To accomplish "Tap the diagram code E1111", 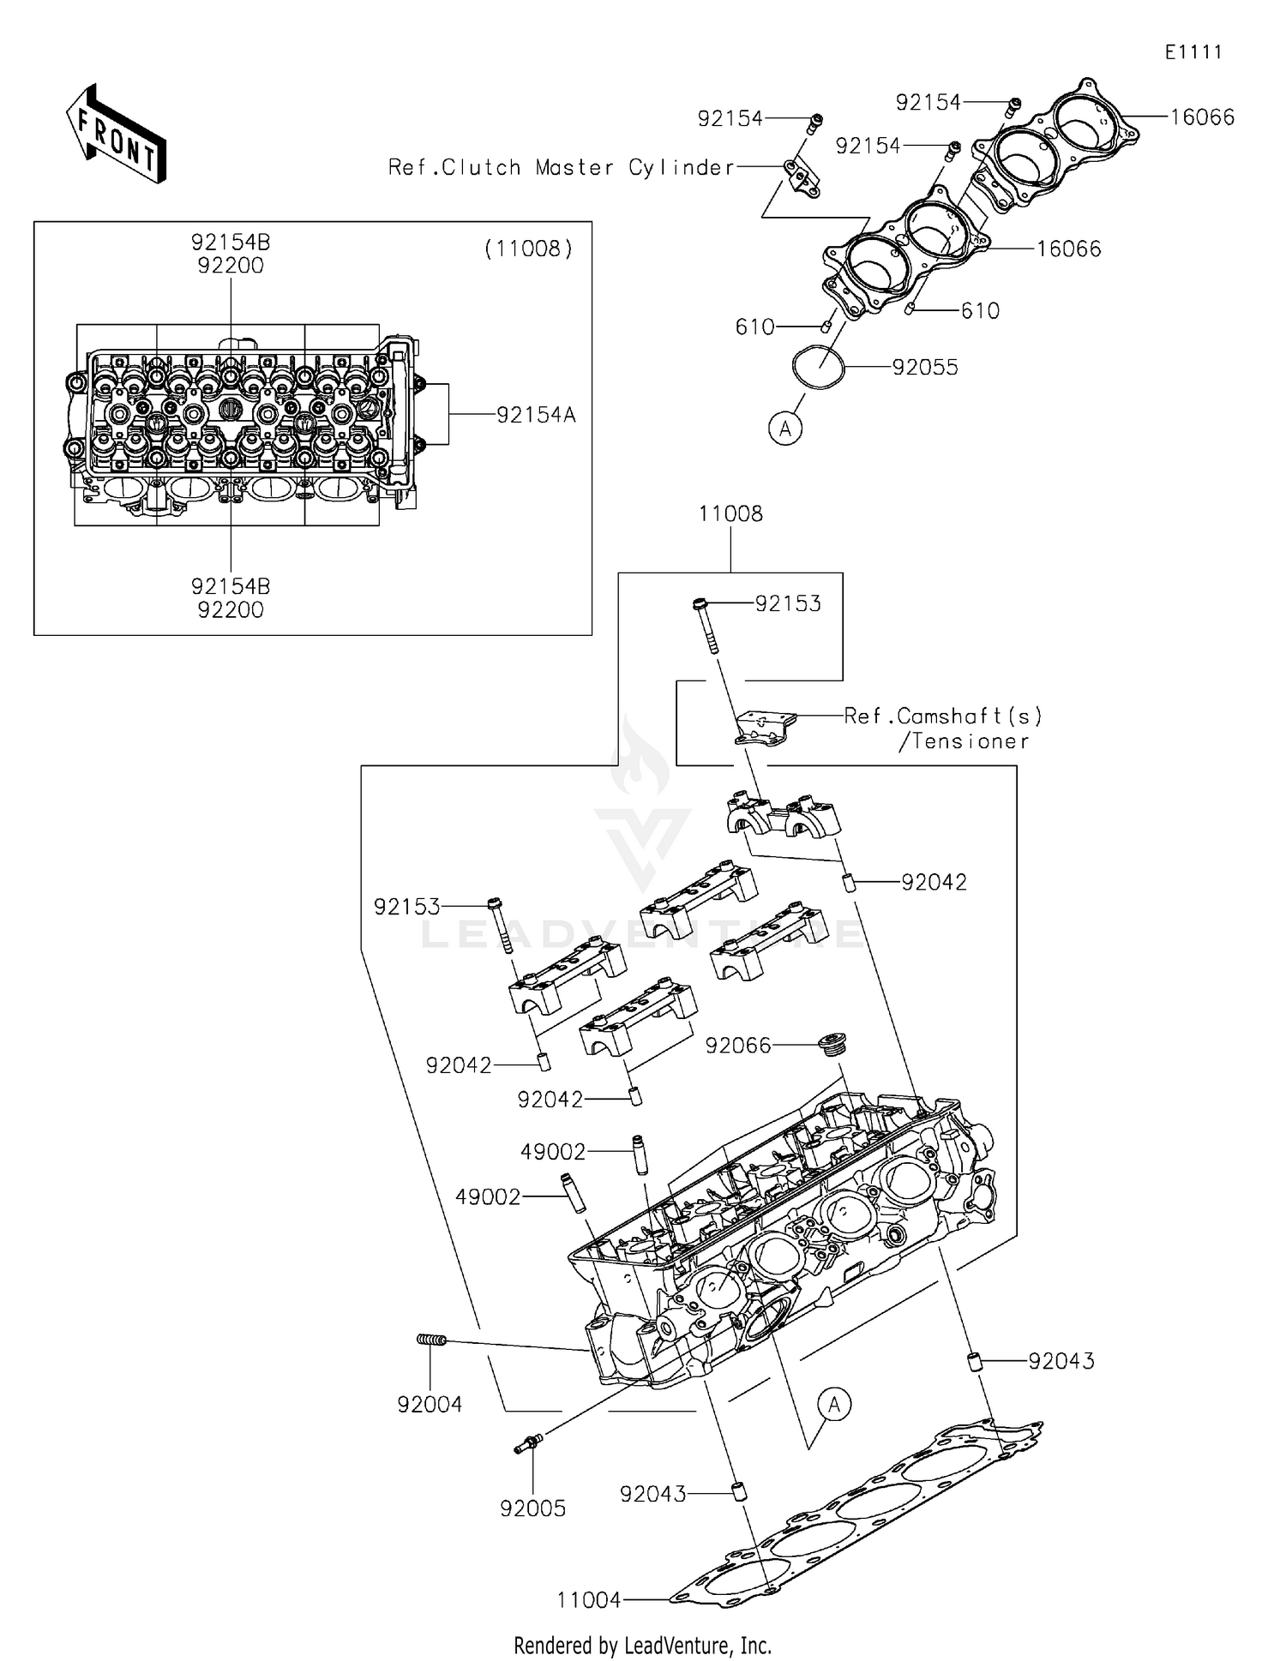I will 1193,52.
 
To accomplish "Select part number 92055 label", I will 924,368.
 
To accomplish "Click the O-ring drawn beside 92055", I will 818,369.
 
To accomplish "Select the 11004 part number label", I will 588,1599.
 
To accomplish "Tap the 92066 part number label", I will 738,1046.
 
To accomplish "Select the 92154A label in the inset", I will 536,416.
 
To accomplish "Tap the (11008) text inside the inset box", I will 528,249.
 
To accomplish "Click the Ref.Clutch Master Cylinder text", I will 561,167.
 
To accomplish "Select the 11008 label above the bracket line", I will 730,514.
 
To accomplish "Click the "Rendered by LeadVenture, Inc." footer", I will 642,1645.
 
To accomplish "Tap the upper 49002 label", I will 553,1152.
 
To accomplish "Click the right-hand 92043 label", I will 1061,1361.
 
